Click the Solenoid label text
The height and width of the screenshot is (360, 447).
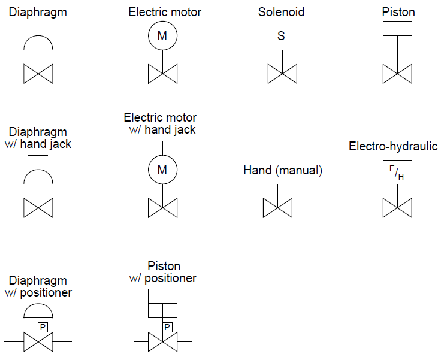point(282,12)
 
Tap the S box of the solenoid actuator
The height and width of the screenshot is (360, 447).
point(282,36)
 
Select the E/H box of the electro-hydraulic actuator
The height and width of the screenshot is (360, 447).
point(397,173)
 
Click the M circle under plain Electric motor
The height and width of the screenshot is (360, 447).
point(162,36)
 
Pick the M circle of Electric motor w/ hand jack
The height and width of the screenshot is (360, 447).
point(162,170)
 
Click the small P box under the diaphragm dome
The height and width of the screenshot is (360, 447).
point(43,327)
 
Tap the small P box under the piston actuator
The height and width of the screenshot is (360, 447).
point(168,327)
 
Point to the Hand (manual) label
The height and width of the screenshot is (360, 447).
point(283,171)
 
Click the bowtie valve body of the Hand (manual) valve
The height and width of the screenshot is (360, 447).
point(277,208)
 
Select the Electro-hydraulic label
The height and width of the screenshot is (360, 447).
point(393,147)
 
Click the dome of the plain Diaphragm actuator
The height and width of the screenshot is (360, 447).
point(38,43)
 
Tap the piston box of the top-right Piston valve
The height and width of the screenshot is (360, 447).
point(397,36)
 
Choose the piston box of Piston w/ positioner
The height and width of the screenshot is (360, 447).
point(162,303)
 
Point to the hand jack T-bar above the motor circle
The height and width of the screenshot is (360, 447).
point(162,143)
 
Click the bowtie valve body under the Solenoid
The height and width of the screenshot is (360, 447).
point(282,74)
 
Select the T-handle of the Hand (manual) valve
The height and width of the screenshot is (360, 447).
point(277,185)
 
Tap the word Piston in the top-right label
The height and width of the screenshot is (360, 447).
point(398,12)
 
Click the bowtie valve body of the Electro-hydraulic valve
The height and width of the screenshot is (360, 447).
point(397,208)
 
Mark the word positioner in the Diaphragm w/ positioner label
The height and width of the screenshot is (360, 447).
point(47,293)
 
